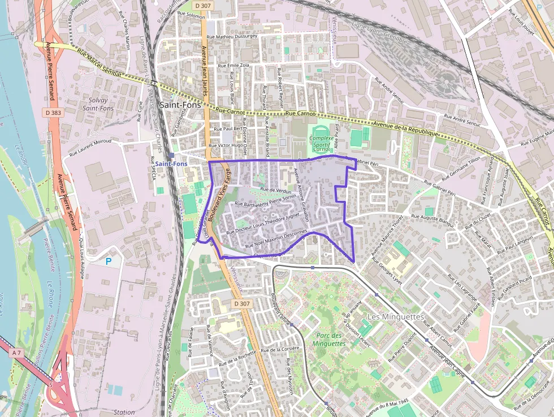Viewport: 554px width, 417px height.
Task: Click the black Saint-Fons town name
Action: [x=181, y=105]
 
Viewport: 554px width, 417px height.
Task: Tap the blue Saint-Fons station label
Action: [x=171, y=164]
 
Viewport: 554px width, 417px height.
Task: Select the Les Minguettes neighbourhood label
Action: [x=395, y=316]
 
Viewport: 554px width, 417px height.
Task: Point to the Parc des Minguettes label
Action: [x=328, y=339]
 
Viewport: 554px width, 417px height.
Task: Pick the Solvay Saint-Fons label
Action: [x=98, y=104]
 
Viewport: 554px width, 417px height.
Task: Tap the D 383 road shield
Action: [x=51, y=113]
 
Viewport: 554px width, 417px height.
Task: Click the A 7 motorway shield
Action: [x=18, y=352]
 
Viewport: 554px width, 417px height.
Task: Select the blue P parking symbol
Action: [x=109, y=261]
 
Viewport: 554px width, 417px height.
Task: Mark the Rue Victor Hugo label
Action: [x=226, y=145]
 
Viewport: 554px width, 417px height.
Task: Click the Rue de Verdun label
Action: [x=275, y=191]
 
